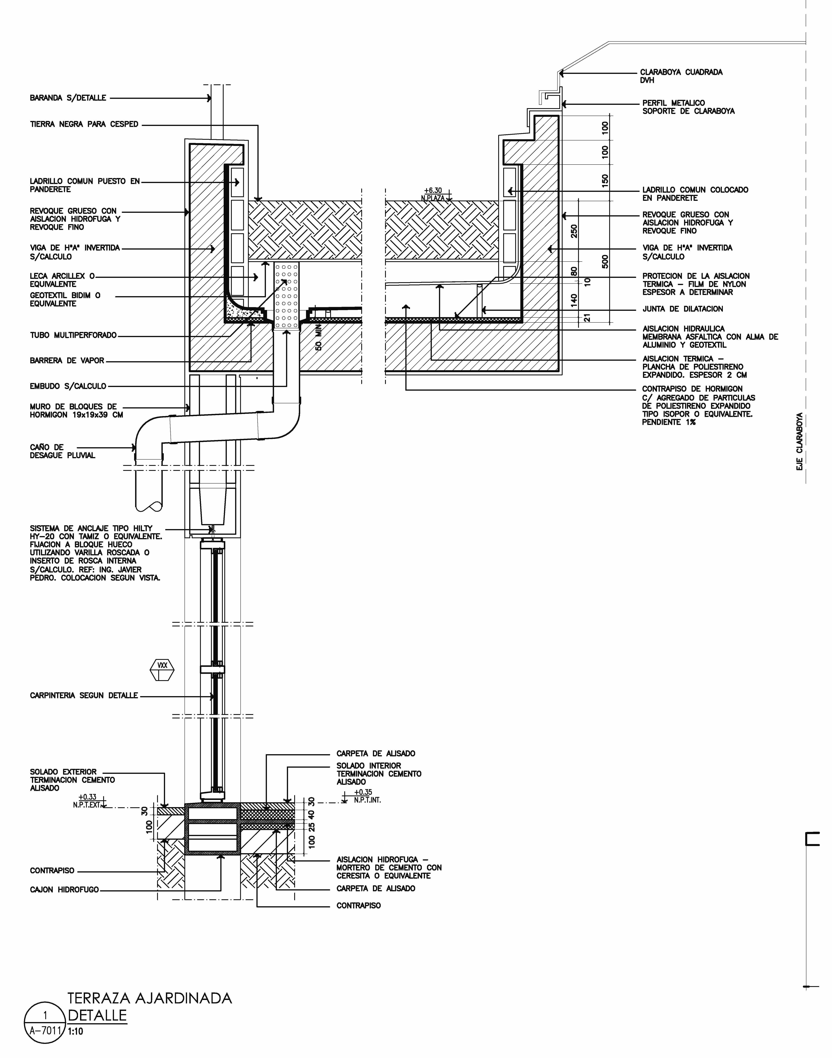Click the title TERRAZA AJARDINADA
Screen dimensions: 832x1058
pyautogui.click(x=150, y=998)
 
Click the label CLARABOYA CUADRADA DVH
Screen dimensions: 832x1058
pyautogui.click(x=681, y=76)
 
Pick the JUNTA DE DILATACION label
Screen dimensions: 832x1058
pyautogui.click(x=682, y=309)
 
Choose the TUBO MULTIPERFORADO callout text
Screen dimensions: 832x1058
pyautogui.click(x=74, y=335)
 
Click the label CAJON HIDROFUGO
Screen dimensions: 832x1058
pyautogui.click(x=64, y=889)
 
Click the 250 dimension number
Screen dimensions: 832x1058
pyautogui.click(x=574, y=231)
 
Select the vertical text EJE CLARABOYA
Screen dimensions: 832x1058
pyautogui.click(x=799, y=442)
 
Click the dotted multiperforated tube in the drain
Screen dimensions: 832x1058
pyautogui.click(x=286, y=296)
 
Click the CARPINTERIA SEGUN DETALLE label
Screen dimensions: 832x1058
pyautogui.click(x=84, y=696)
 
